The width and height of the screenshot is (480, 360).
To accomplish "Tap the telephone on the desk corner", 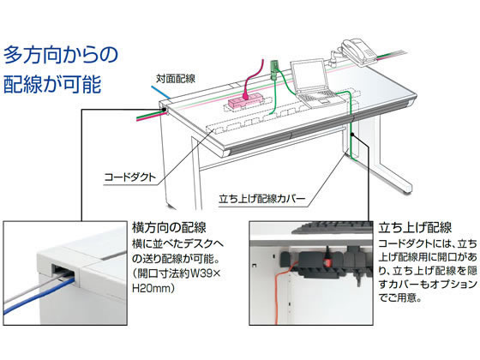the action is pyautogui.click(x=358, y=52).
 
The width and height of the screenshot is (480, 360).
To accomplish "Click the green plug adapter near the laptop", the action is pyautogui.click(x=274, y=69).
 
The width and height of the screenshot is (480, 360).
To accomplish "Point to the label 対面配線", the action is pyautogui.click(x=176, y=79).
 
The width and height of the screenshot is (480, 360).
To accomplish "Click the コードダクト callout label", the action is pyautogui.click(x=130, y=177).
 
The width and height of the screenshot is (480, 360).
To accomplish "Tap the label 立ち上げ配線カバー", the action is pyautogui.click(x=262, y=199).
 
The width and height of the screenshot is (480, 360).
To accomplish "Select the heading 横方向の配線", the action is pyautogui.click(x=169, y=228).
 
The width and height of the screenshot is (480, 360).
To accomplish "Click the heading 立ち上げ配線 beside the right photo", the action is pyautogui.click(x=415, y=228).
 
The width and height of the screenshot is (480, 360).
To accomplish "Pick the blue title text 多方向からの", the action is pyautogui.click(x=61, y=55).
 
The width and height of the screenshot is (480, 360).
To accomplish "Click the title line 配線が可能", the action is pyautogui.click(x=52, y=83).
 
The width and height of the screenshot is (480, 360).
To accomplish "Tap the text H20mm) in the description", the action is pyautogui.click(x=153, y=288).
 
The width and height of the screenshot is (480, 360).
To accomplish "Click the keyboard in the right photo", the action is pyautogui.click(x=333, y=228).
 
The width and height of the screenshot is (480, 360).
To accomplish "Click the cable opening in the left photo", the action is pyautogui.click(x=63, y=271).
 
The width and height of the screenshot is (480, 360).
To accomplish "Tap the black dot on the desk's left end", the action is pyautogui.click(x=165, y=109).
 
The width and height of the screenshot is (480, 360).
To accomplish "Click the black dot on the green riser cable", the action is pyautogui.click(x=352, y=134).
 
